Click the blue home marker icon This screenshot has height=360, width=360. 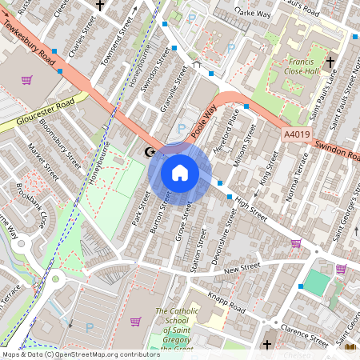(x=180, y=173)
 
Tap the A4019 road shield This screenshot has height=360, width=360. (x=295, y=137)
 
